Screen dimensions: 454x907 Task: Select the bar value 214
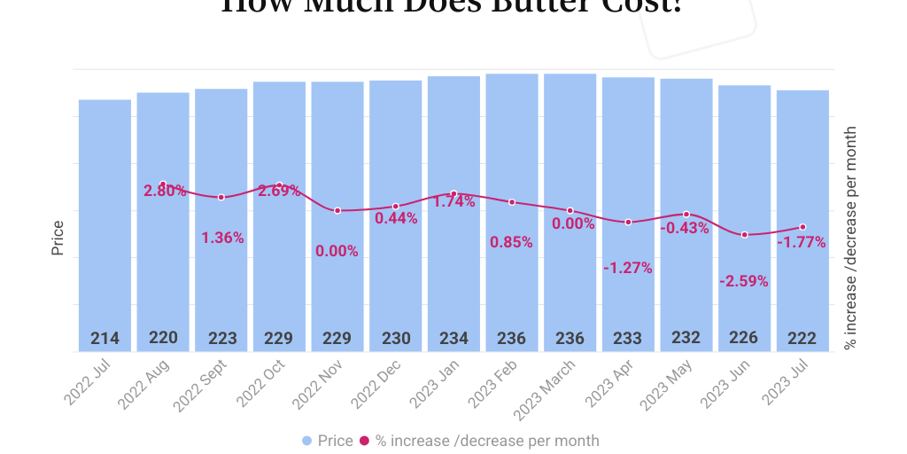coord(105,339)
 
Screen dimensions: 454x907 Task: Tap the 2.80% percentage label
coord(165,191)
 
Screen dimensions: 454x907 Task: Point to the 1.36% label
coord(222,238)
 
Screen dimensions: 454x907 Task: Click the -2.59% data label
coord(744,281)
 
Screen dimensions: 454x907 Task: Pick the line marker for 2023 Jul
coord(802,227)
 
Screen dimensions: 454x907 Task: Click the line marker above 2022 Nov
coord(337,210)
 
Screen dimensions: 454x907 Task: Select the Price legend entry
coord(327,441)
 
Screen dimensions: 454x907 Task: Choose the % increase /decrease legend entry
coord(479,441)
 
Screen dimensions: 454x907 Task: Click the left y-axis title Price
coord(58,238)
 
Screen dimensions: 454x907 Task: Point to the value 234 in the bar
coord(453,339)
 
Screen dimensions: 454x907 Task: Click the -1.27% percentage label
coord(628,268)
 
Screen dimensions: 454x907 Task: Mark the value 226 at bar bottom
coord(744,339)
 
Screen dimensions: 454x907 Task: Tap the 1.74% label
coord(453,201)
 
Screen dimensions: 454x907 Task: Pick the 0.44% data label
coord(396,218)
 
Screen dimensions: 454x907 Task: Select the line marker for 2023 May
coord(686,214)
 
